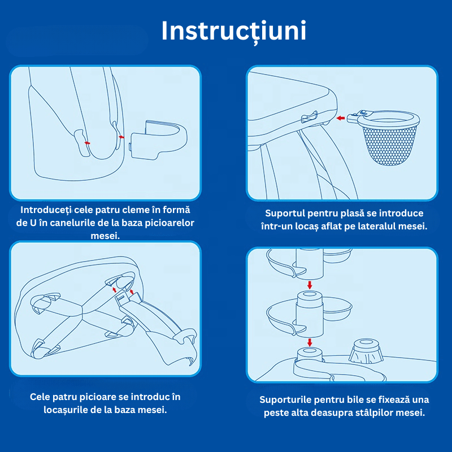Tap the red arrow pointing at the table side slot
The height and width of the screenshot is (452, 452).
[341, 118]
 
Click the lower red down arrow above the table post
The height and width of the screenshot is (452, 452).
[309, 342]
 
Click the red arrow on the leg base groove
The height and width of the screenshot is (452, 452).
[87, 143]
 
